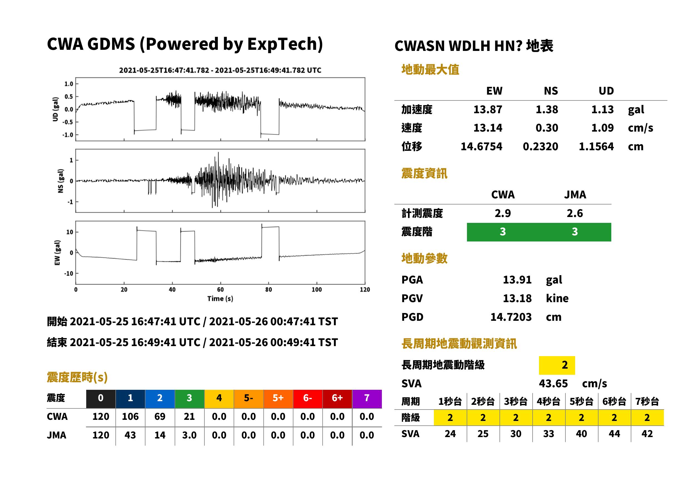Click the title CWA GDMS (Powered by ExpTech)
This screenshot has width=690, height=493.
(x=185, y=44)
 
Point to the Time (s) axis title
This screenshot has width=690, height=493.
(x=220, y=299)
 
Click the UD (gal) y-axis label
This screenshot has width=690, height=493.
(x=55, y=109)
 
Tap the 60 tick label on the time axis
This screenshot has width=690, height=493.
(x=220, y=290)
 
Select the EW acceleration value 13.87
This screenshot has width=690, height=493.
(x=488, y=110)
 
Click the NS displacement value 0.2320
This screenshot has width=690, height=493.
(x=540, y=147)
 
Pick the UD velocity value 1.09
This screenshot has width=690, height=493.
(x=602, y=128)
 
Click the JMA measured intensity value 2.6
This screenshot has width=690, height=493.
(x=575, y=213)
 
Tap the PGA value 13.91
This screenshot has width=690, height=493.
(x=517, y=280)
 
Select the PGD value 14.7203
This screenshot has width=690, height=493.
(x=511, y=317)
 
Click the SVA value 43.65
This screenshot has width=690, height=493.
(x=553, y=384)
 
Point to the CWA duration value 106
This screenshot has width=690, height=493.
(x=130, y=417)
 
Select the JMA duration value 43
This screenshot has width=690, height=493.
(x=130, y=435)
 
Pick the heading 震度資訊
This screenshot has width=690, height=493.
(x=424, y=174)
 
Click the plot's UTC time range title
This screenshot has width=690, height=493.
(x=220, y=70)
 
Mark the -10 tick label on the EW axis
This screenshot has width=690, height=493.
(x=69, y=273)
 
